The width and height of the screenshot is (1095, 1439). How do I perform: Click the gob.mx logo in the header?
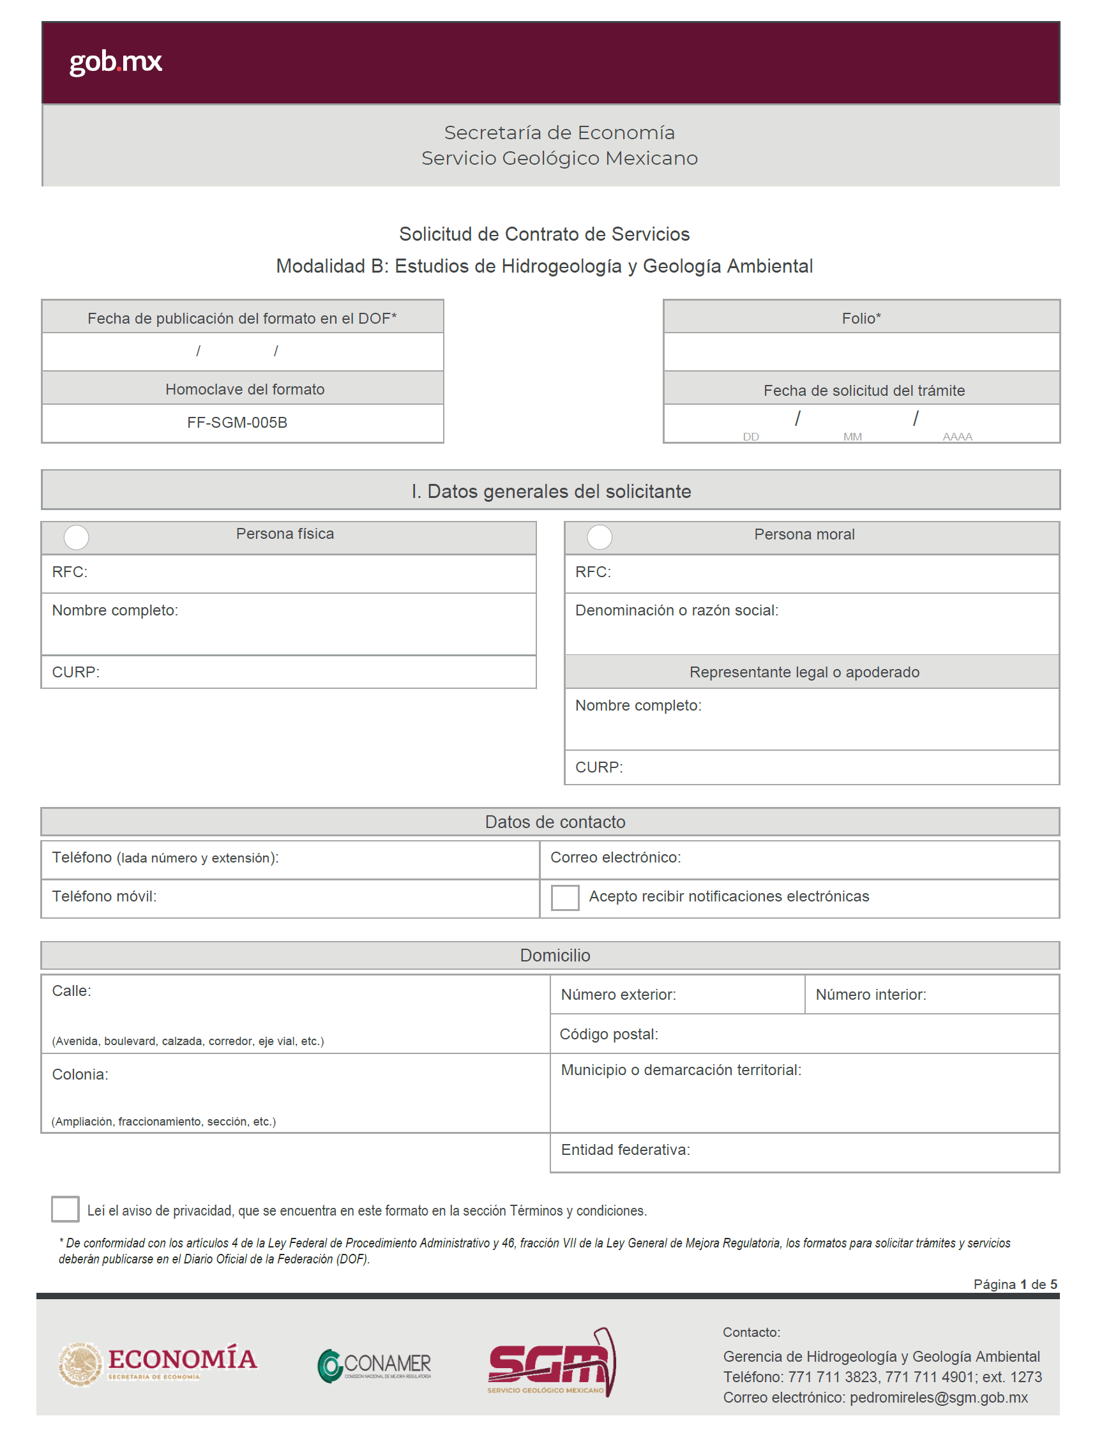(116, 62)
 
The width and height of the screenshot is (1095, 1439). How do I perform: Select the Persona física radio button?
(76, 538)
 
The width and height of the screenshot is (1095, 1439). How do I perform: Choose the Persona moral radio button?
(600, 538)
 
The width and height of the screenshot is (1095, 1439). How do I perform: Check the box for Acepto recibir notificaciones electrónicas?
(565, 898)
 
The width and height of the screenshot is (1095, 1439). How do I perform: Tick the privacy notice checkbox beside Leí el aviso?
(65, 1210)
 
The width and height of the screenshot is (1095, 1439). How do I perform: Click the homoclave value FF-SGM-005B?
(238, 423)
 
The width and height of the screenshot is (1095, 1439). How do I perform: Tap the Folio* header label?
(861, 319)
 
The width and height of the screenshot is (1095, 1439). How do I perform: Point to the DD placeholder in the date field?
(751, 437)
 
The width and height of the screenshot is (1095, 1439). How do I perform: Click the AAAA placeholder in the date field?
(957, 437)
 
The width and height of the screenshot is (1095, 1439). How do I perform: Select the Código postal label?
(608, 1035)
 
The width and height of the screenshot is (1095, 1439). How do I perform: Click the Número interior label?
(871, 995)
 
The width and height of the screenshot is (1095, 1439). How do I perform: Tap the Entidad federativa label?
(626, 1150)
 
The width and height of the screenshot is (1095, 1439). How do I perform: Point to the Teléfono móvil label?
(104, 897)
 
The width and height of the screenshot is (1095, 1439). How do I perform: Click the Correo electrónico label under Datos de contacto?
(616, 857)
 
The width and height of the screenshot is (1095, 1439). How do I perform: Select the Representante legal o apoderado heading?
(804, 673)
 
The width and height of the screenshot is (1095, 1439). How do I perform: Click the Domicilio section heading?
(555, 956)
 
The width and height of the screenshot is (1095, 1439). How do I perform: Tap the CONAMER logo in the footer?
(375, 1366)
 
